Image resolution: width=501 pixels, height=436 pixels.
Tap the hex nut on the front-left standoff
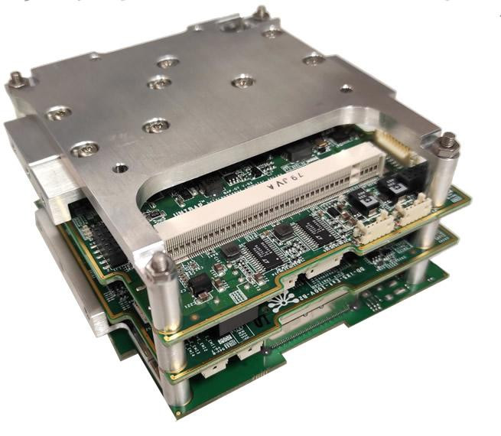(x=159, y=265)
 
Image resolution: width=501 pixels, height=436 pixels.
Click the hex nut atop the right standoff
(x=446, y=142)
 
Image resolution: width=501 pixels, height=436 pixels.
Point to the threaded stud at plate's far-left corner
(x=15, y=78)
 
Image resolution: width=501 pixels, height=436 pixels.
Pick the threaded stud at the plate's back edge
(x=261, y=12)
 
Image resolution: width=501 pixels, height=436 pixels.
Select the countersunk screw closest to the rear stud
(x=272, y=33)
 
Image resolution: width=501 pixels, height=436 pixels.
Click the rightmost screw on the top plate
(x=313, y=59)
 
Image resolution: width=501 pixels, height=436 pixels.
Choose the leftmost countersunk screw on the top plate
(x=59, y=114)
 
